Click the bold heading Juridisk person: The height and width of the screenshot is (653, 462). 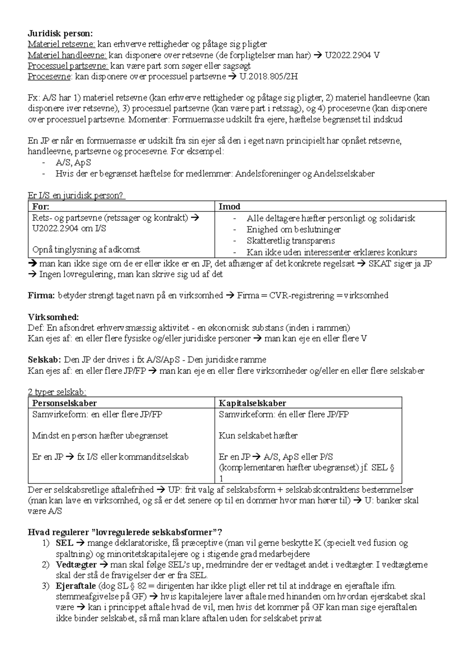[x=60, y=33]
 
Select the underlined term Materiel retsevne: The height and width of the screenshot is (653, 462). [x=61, y=44]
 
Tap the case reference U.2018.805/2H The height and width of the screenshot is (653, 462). [x=268, y=76]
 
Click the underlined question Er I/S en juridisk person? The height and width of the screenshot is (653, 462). [x=76, y=195]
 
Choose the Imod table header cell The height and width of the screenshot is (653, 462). [x=229, y=206]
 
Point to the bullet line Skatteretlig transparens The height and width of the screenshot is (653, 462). [x=291, y=241]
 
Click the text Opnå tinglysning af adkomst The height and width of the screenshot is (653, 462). [x=86, y=249]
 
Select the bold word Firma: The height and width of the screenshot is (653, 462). [x=42, y=295]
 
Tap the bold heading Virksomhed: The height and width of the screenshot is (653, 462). [x=53, y=317]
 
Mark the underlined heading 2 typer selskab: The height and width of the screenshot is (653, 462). [x=57, y=392]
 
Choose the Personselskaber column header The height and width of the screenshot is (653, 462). [x=64, y=403]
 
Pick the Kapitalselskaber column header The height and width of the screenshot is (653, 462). [x=252, y=403]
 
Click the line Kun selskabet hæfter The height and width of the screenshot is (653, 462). [x=258, y=435]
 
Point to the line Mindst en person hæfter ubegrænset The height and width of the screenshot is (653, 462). [x=100, y=435]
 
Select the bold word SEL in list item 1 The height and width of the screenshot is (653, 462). [x=64, y=543]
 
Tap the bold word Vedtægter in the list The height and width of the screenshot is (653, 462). [x=76, y=565]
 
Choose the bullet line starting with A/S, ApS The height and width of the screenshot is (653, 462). [x=73, y=162]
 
